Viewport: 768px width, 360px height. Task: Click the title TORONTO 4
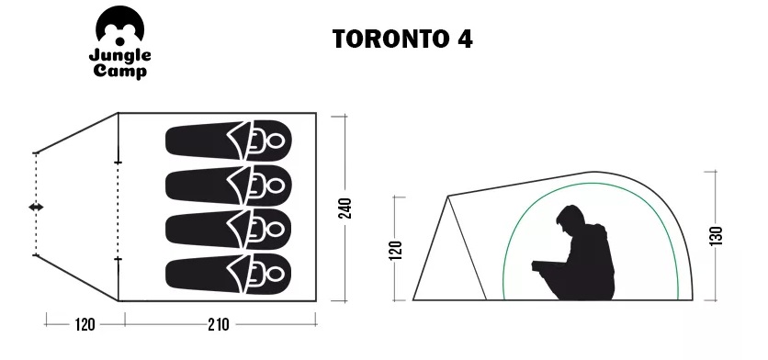[x=402, y=39]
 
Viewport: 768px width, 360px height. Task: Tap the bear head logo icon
[x=120, y=26]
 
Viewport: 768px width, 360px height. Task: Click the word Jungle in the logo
[x=120, y=56]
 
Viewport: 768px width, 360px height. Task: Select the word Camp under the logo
[x=120, y=72]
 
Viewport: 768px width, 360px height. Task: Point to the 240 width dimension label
[x=345, y=208]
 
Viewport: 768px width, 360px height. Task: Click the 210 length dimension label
[x=218, y=324]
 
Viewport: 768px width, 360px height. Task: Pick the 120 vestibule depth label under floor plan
[x=85, y=324]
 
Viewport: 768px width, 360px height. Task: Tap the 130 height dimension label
[x=716, y=236]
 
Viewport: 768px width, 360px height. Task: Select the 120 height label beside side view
[x=397, y=250]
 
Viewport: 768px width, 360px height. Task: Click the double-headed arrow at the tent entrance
[x=36, y=208]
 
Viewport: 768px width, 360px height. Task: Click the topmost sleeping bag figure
[x=229, y=141]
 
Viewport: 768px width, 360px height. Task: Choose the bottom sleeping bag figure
[x=229, y=274]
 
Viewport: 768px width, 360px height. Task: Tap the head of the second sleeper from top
[x=276, y=186]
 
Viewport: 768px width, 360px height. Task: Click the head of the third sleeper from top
[x=276, y=230]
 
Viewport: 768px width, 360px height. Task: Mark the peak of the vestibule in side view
[x=447, y=197]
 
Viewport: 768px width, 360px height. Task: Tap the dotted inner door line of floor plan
[x=118, y=210]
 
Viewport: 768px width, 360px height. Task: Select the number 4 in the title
[x=465, y=39]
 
